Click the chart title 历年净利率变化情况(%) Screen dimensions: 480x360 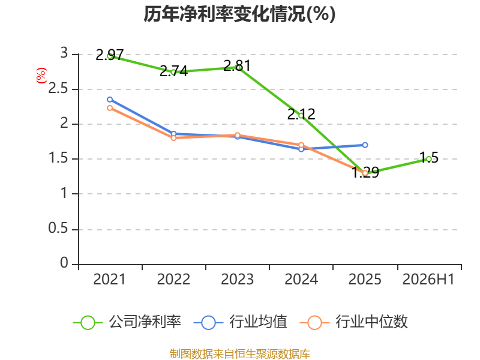[239, 14]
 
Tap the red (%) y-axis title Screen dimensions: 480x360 [41, 76]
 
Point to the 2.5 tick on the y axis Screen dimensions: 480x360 [58, 88]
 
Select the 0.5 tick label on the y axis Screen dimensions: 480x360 [58, 229]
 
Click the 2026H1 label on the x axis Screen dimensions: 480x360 [428, 279]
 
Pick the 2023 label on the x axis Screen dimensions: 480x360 [237, 279]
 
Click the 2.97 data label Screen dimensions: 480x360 [110, 55]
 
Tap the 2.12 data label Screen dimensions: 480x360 [301, 114]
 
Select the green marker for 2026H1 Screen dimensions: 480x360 [429, 159]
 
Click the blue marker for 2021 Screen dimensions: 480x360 [110, 100]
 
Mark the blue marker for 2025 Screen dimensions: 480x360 [365, 145]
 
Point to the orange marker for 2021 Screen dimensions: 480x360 [110, 108]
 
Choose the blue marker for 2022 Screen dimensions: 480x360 [173, 134]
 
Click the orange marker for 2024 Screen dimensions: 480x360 [301, 145]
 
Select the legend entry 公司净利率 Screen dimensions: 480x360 [127, 322]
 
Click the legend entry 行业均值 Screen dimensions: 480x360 [241, 322]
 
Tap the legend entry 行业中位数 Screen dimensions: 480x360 [354, 322]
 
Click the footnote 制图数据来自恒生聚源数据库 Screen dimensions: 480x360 [239, 353]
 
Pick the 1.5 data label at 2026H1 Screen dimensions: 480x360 [429, 157]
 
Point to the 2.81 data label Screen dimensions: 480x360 [237, 65]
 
